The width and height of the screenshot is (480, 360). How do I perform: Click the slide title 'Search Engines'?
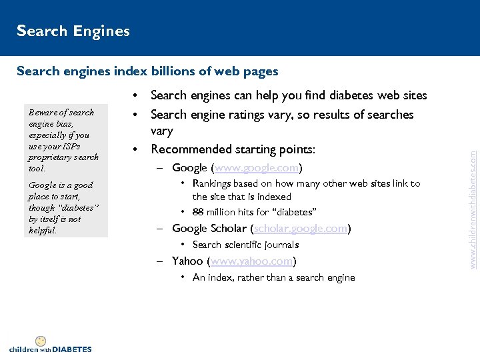[73, 31]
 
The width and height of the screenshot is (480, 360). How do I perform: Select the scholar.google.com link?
[301, 228]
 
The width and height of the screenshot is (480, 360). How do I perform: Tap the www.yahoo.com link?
[253, 261]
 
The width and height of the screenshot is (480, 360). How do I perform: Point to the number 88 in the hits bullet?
[198, 212]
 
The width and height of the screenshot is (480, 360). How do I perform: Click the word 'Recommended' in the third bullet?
[192, 149]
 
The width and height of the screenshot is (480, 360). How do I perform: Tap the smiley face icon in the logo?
[41, 341]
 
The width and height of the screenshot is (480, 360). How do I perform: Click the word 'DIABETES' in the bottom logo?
[71, 349]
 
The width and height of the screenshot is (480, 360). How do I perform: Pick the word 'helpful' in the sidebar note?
[43, 231]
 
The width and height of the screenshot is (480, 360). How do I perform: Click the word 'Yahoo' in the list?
[188, 261]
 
